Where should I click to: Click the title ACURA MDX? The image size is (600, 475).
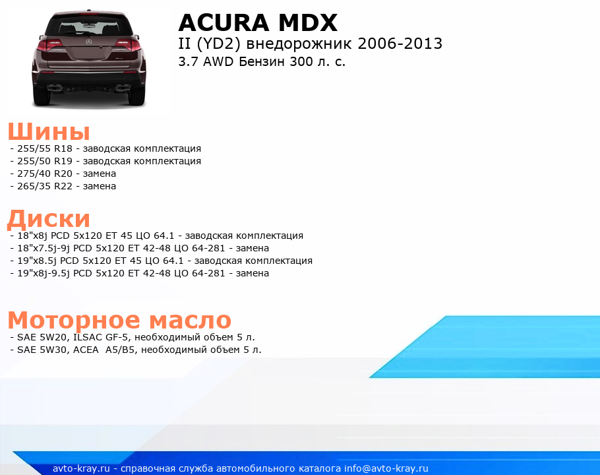(x=258, y=22)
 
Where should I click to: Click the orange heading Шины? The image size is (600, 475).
(x=49, y=132)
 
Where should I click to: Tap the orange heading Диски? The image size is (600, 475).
(x=49, y=219)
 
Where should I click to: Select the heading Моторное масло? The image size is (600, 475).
(x=119, y=320)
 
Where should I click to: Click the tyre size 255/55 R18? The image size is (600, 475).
(x=45, y=148)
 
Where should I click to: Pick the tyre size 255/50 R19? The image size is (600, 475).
(x=45, y=161)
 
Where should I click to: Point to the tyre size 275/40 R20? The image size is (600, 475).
(x=45, y=174)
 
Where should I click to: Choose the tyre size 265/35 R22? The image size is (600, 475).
(x=45, y=187)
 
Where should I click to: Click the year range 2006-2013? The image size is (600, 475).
(x=400, y=44)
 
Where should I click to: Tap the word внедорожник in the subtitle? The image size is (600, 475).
(x=299, y=44)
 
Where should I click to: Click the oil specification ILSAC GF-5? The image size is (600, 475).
(x=100, y=337)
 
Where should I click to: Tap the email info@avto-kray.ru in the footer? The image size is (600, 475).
(x=386, y=468)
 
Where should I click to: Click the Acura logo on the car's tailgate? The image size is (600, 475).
(x=89, y=42)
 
